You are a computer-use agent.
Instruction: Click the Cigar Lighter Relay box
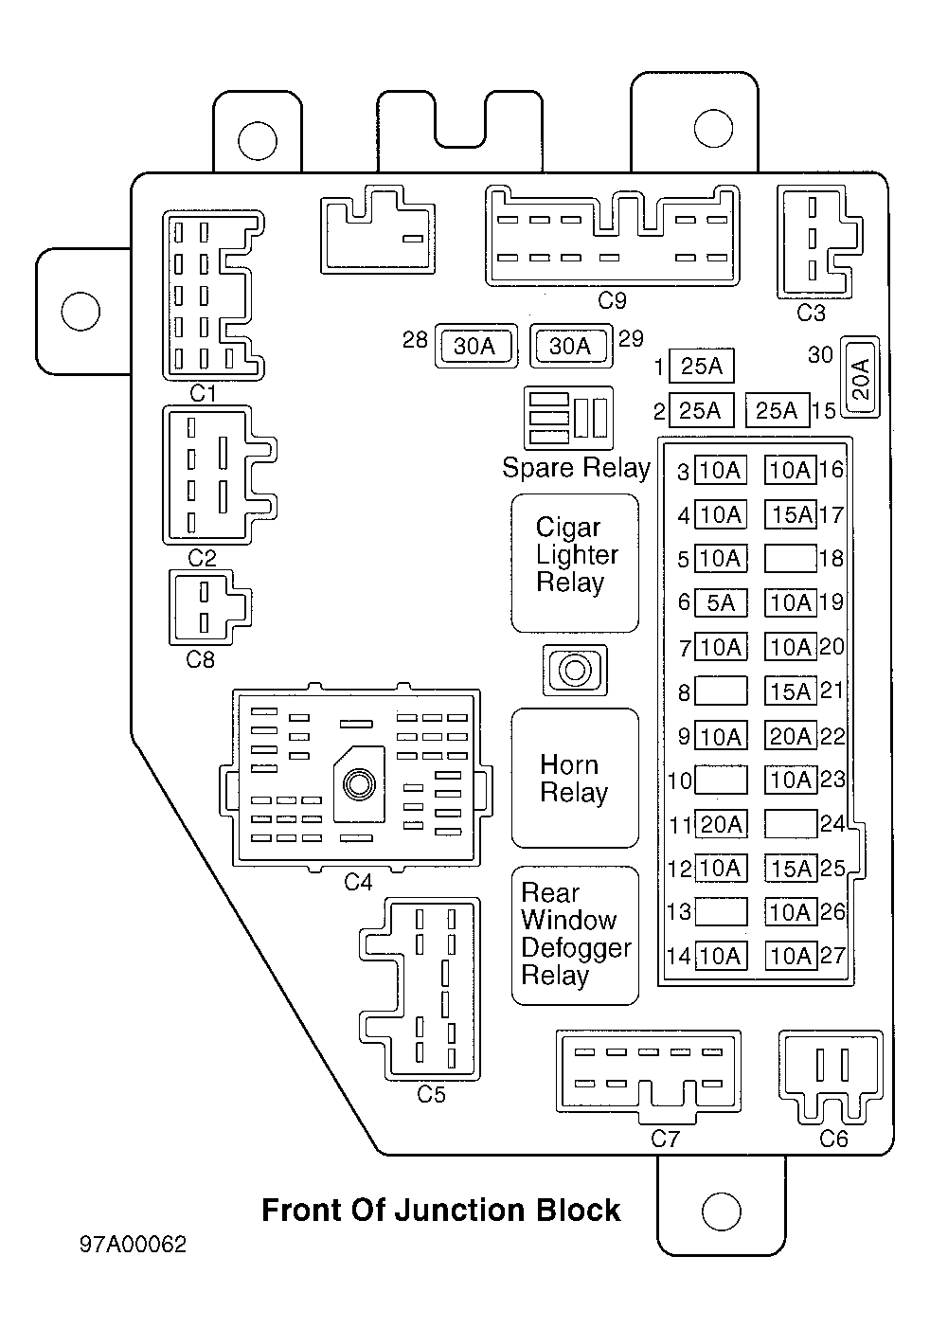(575, 562)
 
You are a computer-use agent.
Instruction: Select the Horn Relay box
(575, 778)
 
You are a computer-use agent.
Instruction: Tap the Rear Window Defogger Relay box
(575, 935)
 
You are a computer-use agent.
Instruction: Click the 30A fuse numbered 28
(474, 347)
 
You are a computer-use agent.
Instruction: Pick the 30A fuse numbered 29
(570, 347)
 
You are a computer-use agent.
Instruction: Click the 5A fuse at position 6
(721, 602)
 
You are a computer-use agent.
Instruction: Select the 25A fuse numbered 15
(778, 410)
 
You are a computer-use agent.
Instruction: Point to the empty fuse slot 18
(790, 559)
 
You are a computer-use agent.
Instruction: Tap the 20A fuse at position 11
(721, 824)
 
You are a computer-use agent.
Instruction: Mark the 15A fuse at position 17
(790, 514)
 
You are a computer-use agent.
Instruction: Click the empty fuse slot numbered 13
(721, 912)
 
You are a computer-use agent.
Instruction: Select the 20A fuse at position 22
(790, 736)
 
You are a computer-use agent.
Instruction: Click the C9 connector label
(613, 301)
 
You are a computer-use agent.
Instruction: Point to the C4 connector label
(358, 883)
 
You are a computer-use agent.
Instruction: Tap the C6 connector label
(833, 1139)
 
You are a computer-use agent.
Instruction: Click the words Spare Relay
(576, 468)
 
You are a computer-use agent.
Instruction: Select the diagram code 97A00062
(134, 1244)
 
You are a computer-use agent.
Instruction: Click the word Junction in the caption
(452, 1211)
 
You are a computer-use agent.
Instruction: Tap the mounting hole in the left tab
(80, 309)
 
